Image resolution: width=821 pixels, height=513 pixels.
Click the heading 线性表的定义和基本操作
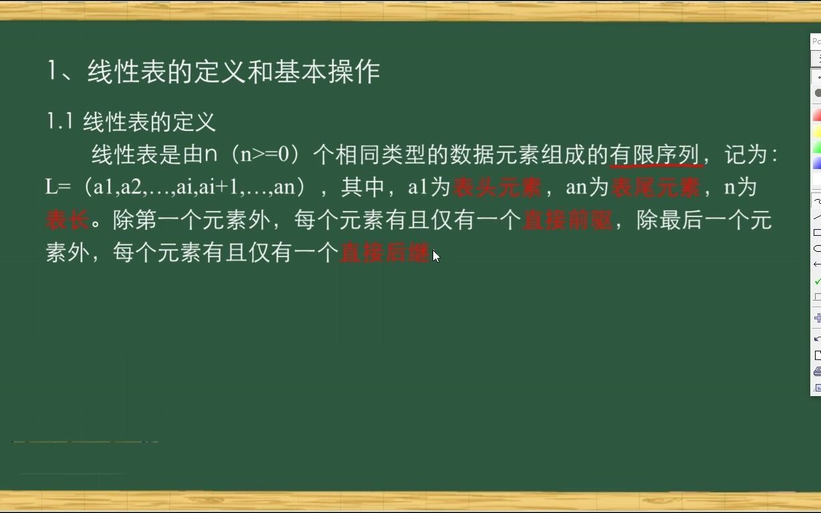[x=233, y=71]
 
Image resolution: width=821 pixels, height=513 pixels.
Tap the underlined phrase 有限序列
[x=655, y=155]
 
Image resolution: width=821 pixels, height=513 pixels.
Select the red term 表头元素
[x=497, y=188]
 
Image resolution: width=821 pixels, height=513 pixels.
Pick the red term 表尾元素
[x=655, y=188]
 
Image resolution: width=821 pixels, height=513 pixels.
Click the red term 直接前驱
[x=568, y=220]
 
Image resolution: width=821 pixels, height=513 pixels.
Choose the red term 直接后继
[x=385, y=253]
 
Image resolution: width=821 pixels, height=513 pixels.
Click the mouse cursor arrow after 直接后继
[x=436, y=255]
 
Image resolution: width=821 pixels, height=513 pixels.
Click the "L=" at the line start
[x=58, y=188]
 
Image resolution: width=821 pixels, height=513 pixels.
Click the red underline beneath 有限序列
[x=656, y=165]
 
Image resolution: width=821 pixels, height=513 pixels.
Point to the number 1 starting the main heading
[x=53, y=71]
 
